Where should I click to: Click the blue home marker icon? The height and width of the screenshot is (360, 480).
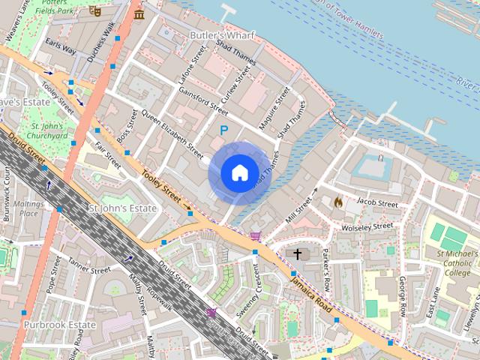[x=238, y=173]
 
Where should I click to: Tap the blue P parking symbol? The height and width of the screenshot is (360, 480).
[x=223, y=130]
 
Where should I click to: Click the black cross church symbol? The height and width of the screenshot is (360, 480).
[x=297, y=254]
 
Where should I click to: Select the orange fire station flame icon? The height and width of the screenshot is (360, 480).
[x=337, y=202]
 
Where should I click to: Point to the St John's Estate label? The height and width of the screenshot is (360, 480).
[x=123, y=208]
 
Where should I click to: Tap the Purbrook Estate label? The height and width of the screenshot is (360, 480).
[x=59, y=325]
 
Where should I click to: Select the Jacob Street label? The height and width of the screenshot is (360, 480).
[x=377, y=203]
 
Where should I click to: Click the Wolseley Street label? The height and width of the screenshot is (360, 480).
[x=367, y=226]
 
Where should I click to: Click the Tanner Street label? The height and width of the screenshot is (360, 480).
[x=89, y=265]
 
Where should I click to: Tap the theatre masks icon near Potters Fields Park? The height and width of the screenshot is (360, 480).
[x=94, y=11]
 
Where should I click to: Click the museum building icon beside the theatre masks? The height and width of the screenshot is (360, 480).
[x=139, y=14]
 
